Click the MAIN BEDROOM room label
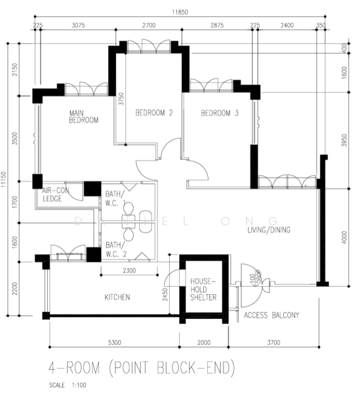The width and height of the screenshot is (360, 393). (x=83, y=117)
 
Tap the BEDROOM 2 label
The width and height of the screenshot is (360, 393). (x=153, y=113)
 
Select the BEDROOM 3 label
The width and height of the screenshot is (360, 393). (x=219, y=113)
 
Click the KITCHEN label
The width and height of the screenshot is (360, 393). (x=117, y=297)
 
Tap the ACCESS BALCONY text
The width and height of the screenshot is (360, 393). (x=271, y=316)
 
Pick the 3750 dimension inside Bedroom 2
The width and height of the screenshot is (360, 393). (x=121, y=100)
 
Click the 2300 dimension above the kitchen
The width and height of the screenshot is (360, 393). (x=129, y=270)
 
